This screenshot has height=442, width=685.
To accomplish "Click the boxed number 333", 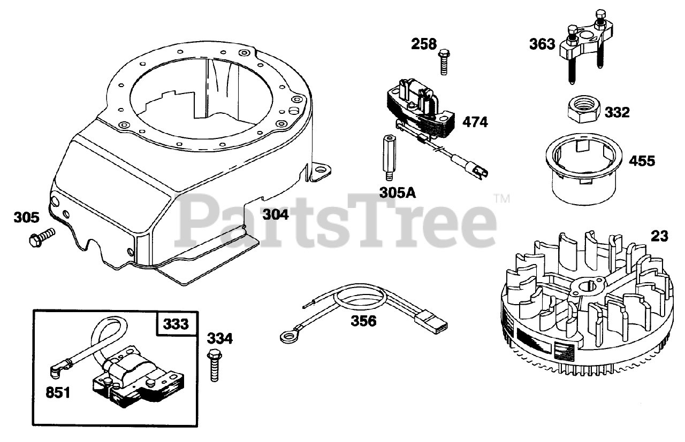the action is click(x=176, y=324).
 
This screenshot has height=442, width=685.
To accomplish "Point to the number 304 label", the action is click(x=275, y=215).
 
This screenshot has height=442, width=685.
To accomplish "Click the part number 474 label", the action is click(x=476, y=122).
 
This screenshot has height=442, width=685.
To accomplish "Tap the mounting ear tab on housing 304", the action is click(x=323, y=171).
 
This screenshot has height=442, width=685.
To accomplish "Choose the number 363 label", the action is click(x=542, y=44).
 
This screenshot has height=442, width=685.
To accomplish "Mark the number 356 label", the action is click(x=363, y=321).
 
